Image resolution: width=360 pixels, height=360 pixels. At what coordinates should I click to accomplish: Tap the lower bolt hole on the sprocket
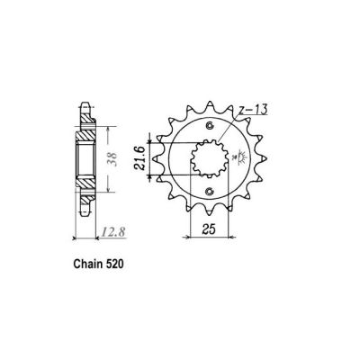click(209, 192)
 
